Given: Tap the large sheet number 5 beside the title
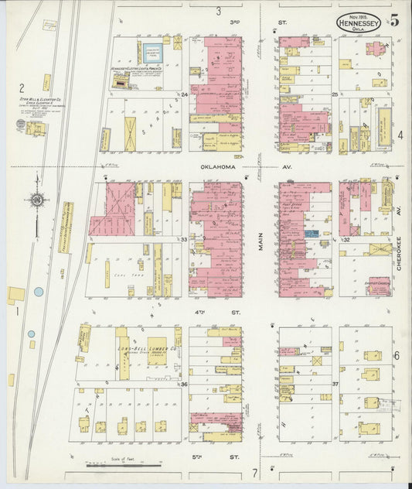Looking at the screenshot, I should [394, 21].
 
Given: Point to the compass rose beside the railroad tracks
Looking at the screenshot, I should [36, 200].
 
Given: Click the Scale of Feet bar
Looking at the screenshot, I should [124, 466].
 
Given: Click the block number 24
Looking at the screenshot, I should [184, 95].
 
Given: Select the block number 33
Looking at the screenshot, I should [184, 240].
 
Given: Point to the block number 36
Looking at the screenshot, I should [184, 384].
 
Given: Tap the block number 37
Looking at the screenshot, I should [335, 384].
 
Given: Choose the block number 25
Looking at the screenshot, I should [335, 95].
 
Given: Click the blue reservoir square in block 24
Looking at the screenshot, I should [152, 54].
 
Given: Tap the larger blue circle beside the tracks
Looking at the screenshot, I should [39, 292].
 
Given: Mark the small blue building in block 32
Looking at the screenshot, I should [311, 233].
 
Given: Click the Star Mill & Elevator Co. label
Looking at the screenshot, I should [35, 100].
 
